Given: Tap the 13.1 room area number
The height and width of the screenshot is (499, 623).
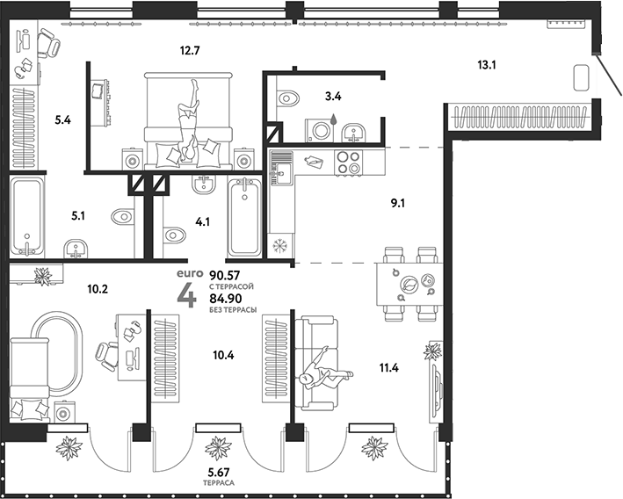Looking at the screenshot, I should point(488,64).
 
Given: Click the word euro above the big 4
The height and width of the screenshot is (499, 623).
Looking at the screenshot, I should point(189,260).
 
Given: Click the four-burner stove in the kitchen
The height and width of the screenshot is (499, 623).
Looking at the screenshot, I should point(346,164).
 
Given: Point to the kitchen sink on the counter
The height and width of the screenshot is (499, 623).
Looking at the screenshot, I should point(281,167).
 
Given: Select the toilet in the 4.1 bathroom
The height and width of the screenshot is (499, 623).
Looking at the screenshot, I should point(174,234).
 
